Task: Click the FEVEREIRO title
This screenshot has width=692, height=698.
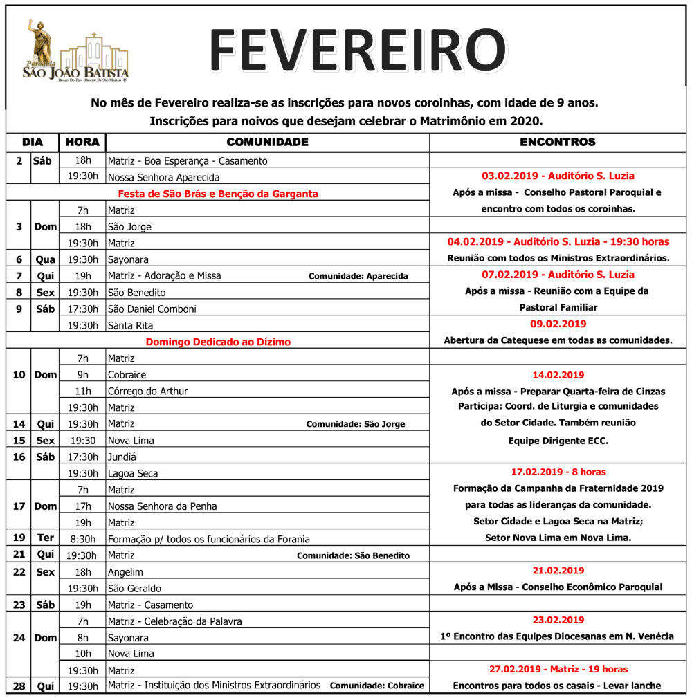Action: (358, 50)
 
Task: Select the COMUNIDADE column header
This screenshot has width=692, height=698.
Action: (267, 142)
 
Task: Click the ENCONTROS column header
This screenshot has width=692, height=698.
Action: (557, 142)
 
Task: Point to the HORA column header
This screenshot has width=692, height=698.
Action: (82, 142)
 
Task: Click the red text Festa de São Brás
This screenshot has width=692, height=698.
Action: (218, 194)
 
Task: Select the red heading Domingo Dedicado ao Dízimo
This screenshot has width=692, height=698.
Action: (218, 342)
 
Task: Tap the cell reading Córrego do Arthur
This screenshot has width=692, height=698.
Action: (147, 392)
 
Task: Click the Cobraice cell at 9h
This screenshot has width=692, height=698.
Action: (127, 375)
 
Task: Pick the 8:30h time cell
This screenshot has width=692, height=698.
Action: (82, 539)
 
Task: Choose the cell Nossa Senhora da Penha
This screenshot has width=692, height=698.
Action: (162, 506)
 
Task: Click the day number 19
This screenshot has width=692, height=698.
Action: (19, 538)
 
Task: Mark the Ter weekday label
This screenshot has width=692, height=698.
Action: (45, 538)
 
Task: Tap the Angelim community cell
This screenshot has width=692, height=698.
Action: (125, 572)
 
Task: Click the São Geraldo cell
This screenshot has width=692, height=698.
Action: (134, 589)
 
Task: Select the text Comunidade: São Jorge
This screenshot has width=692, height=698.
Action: (356, 424)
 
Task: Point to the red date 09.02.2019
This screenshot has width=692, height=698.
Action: (558, 324)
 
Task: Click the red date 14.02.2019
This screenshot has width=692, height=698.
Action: (558, 375)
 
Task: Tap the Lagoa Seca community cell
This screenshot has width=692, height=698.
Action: (132, 474)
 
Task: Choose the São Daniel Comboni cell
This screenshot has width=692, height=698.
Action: (152, 309)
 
